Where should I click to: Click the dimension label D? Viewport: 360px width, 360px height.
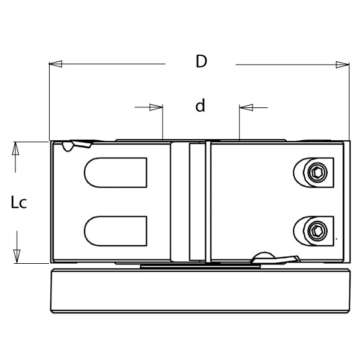[x=200, y=62]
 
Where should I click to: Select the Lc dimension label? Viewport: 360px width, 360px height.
[x=19, y=202]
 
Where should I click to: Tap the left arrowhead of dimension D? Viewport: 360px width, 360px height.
[x=55, y=64]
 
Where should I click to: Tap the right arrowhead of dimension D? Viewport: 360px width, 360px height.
[x=343, y=64]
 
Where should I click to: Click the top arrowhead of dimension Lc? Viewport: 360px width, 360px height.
[x=17, y=148]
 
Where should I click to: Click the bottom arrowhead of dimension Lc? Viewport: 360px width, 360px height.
[x=17, y=256]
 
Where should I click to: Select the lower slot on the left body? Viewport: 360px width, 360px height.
[x=115, y=230]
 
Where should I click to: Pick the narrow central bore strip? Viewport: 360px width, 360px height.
[x=196, y=202]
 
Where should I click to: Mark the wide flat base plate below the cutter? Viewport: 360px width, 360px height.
[x=199, y=291]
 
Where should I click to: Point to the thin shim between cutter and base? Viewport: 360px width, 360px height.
[x=200, y=266]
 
